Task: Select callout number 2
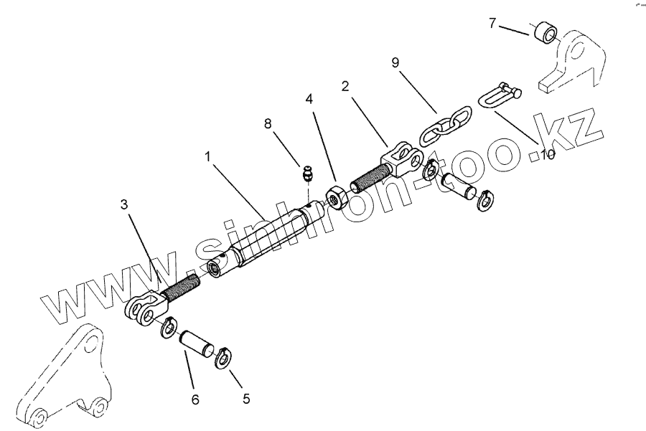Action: (345, 87)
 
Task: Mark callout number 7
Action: (492, 24)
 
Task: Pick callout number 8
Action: (268, 123)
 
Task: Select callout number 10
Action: (548, 153)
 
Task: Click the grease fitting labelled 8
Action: (307, 174)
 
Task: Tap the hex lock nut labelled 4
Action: (335, 195)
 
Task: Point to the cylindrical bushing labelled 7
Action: (545, 33)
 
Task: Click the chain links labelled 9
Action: (445, 125)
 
